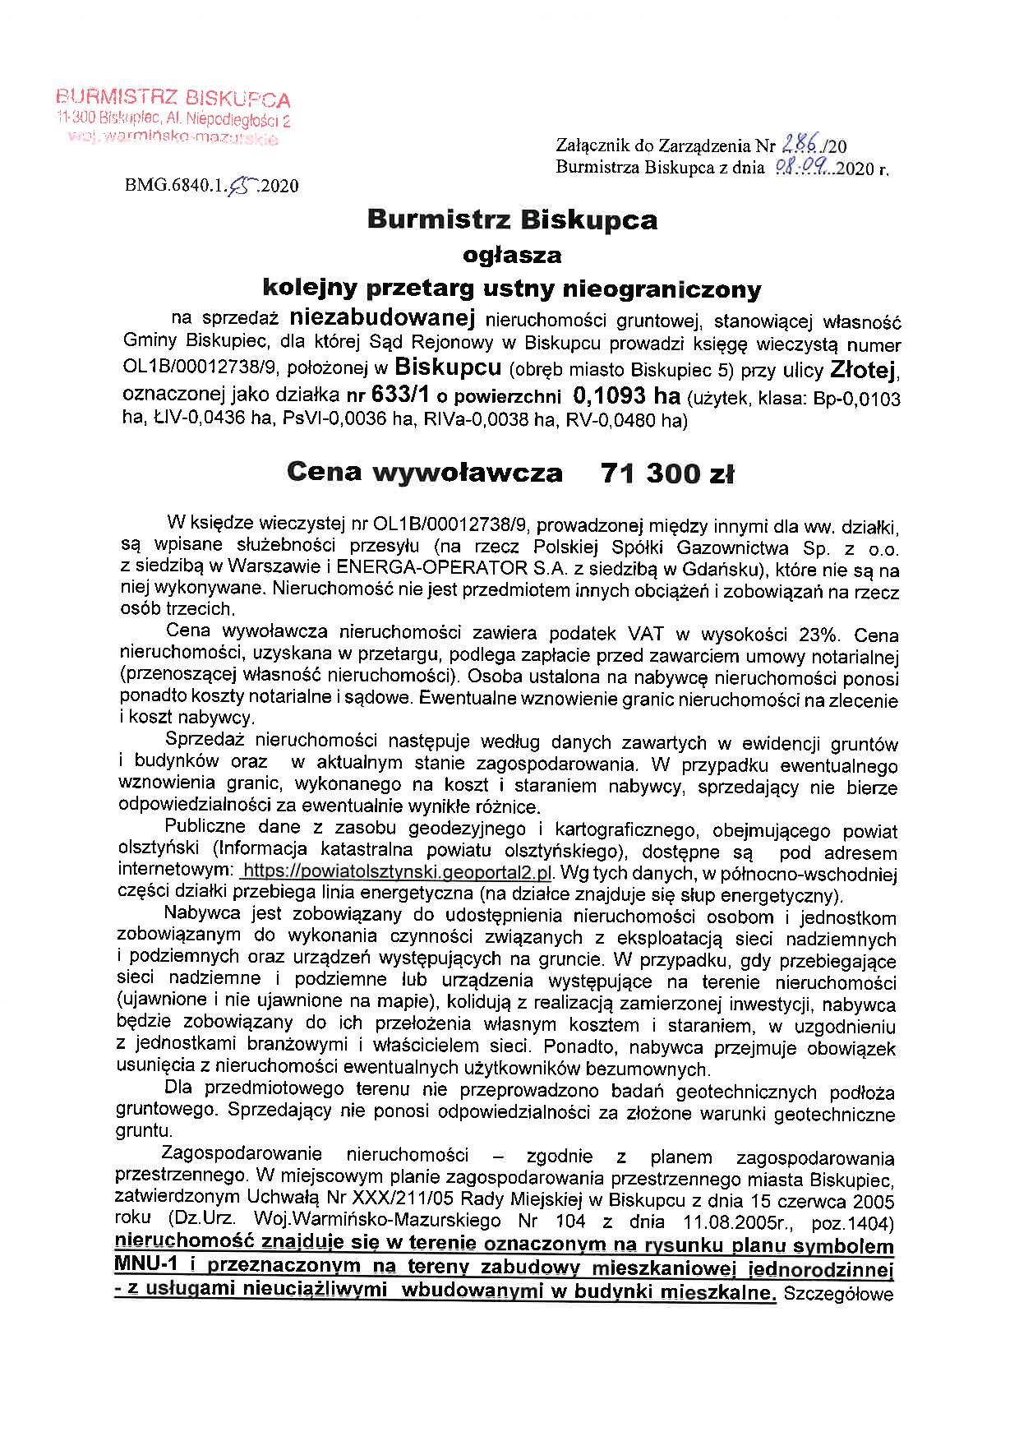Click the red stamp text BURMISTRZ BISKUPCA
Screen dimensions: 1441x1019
pos(173,99)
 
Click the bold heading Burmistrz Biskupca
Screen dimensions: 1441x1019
pos(512,220)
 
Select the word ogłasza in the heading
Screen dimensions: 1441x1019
pos(512,255)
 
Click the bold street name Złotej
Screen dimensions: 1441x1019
pos(865,370)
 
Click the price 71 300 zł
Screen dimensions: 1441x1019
pos(667,473)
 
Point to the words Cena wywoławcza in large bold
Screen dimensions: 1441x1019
pos(425,473)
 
